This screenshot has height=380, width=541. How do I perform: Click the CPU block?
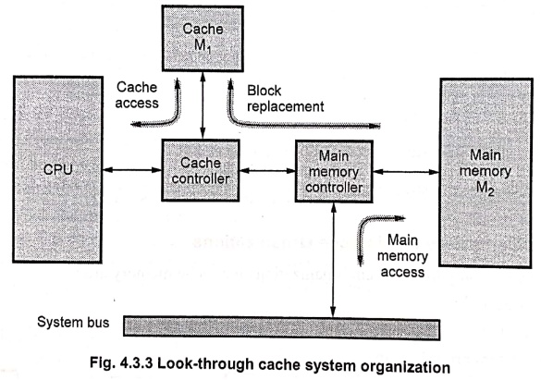click(x=57, y=169)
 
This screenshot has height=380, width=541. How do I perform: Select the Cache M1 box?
click(x=203, y=38)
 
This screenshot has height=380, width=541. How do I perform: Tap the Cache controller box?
click(x=201, y=170)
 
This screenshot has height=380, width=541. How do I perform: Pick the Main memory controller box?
click(x=334, y=171)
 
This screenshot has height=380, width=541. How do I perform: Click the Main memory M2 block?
click(x=486, y=172)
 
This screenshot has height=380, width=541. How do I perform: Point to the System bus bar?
click(x=281, y=327)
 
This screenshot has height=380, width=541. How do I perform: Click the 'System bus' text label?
click(x=73, y=322)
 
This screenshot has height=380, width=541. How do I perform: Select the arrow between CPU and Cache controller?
click(x=132, y=169)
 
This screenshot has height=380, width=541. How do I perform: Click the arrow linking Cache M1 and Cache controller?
click(x=203, y=105)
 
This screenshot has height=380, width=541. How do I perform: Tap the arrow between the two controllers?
click(x=267, y=170)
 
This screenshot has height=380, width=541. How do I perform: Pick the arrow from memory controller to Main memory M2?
click(x=406, y=172)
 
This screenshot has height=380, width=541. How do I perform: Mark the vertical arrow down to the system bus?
click(x=333, y=259)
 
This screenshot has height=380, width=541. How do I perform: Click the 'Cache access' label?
click(x=137, y=95)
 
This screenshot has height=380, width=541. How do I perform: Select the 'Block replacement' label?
click(x=286, y=99)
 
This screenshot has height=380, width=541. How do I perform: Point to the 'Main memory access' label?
click(x=402, y=256)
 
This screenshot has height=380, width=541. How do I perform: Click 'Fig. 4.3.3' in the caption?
click(x=121, y=363)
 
